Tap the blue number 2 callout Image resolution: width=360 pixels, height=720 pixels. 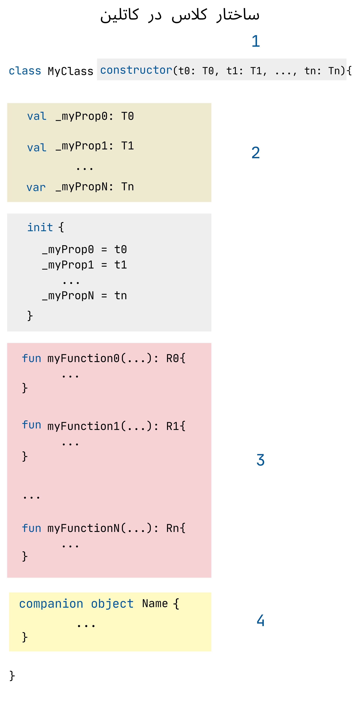[255, 153]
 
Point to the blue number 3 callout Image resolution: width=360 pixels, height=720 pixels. [260, 460]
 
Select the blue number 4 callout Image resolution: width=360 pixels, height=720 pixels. [260, 620]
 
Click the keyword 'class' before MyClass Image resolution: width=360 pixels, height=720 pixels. [25, 71]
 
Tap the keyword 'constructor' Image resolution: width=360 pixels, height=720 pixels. [136, 70]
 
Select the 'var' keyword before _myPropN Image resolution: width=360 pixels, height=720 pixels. [36, 187]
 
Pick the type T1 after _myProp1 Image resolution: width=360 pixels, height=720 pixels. [127, 146]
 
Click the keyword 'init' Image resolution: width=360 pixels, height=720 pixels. [40, 227]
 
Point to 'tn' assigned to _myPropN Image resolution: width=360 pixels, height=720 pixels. [120, 295]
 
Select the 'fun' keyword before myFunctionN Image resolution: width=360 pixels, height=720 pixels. [31, 528]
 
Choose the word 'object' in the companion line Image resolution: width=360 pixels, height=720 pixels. [112, 604]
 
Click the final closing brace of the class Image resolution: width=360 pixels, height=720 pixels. [12, 676]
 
